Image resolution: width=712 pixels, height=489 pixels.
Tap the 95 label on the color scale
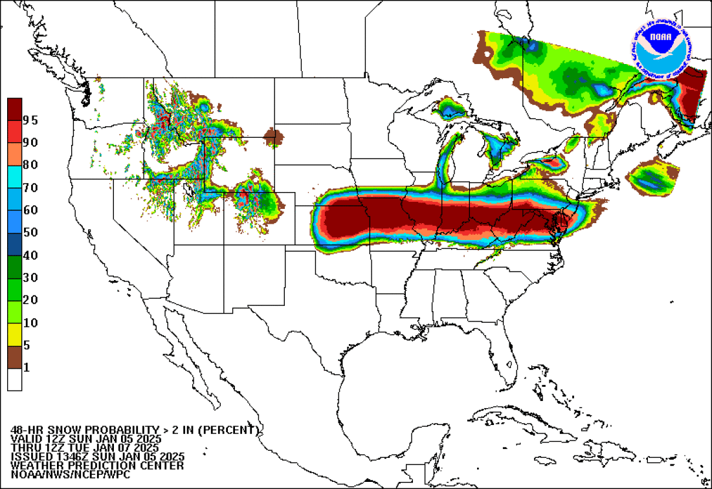(30, 120)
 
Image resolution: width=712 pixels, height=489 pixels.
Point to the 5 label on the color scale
(26, 345)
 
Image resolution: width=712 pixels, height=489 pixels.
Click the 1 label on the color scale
(26, 368)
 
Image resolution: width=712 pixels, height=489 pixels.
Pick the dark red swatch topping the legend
(14, 109)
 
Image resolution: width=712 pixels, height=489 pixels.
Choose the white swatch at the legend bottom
(14, 380)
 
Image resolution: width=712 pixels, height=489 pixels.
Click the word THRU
(25, 448)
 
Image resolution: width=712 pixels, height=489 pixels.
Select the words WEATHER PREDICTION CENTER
(97, 465)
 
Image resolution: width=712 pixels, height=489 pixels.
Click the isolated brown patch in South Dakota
(274, 136)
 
